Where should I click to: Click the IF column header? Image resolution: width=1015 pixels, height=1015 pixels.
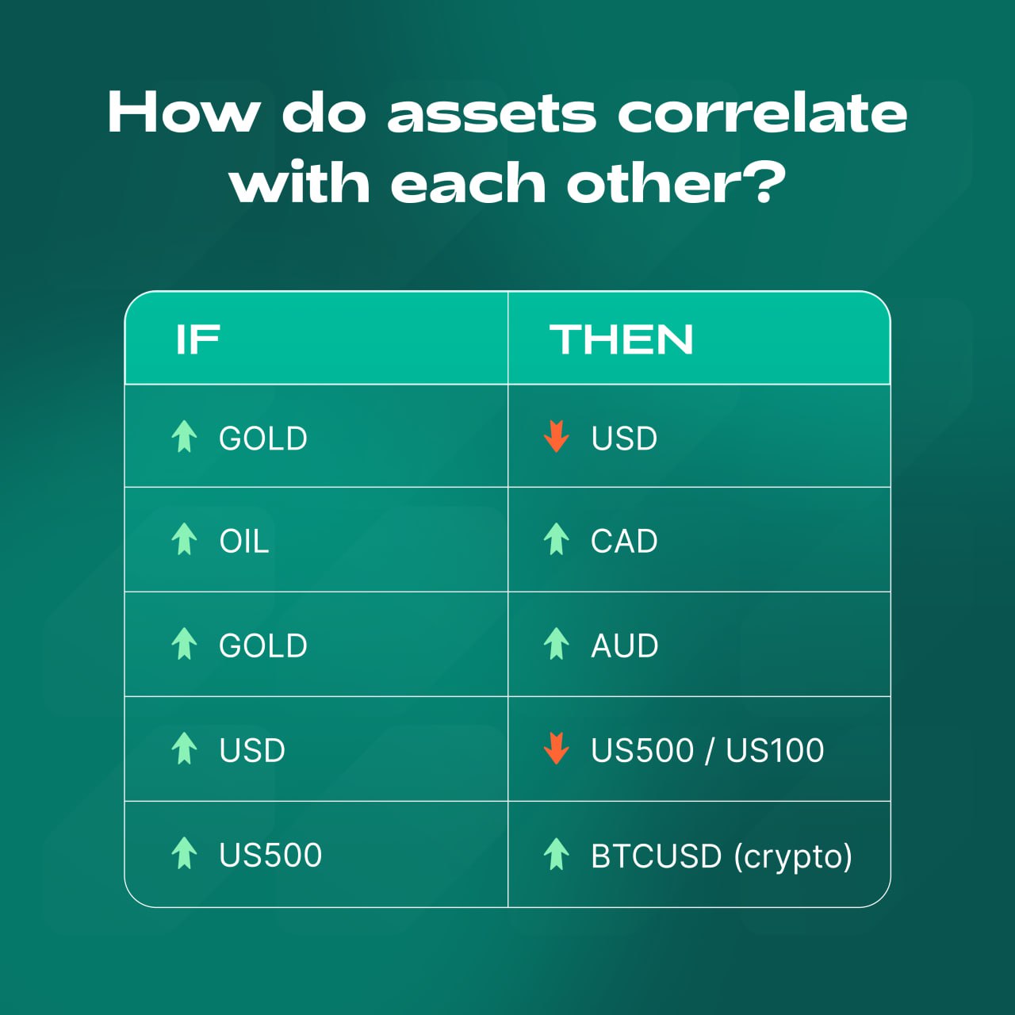(197, 339)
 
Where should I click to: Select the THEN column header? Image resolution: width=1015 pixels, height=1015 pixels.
(621, 339)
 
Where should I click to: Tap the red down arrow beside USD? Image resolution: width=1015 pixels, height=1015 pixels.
(556, 436)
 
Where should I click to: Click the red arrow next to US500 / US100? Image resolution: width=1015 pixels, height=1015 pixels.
(556, 748)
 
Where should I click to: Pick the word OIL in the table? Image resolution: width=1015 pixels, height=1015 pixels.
(244, 541)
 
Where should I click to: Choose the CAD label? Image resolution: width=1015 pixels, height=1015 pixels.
(624, 541)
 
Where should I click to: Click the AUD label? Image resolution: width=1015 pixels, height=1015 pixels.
(625, 645)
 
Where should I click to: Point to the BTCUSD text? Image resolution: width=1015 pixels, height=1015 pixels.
(656, 856)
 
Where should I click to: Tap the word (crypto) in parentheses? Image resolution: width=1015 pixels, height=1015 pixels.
(793, 857)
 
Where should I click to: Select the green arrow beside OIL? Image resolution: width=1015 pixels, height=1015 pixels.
(184, 539)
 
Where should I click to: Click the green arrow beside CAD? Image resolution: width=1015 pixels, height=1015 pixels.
(556, 539)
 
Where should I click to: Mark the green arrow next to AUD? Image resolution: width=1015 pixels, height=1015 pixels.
(556, 643)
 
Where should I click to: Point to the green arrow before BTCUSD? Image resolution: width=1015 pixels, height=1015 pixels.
(556, 853)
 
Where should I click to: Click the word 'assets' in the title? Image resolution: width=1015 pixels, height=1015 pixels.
(492, 113)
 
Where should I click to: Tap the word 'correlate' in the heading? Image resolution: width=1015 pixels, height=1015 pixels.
(762, 112)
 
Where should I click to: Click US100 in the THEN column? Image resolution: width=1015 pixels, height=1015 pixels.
(775, 750)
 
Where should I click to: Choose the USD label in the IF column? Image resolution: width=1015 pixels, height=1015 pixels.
(252, 750)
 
